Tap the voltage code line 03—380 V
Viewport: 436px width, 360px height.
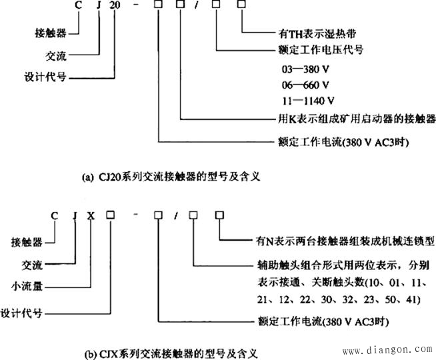[308, 69]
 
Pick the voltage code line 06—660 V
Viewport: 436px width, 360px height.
[308, 85]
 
